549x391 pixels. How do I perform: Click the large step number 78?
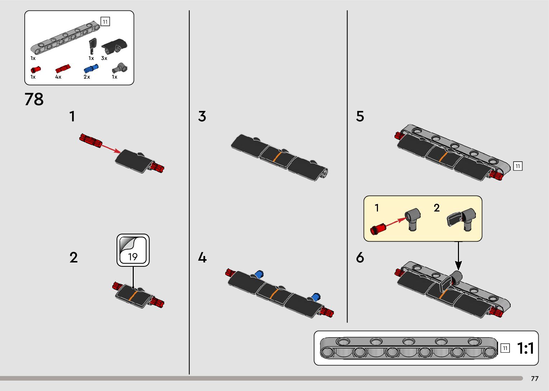[x=34, y=99]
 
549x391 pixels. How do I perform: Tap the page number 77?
[x=535, y=379]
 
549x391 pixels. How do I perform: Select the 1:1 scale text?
[x=525, y=348]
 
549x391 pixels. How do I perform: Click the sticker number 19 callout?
[x=133, y=250]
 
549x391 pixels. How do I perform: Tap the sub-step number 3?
[x=202, y=116]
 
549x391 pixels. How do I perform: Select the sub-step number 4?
[x=202, y=257]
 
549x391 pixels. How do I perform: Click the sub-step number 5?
[x=360, y=116]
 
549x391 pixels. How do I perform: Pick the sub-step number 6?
[x=360, y=257]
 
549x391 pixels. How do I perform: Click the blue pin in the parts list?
[x=91, y=68]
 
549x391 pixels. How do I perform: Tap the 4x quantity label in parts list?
[x=58, y=77]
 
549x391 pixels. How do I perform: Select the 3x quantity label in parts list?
[x=104, y=58]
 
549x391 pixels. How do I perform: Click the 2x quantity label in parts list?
[x=87, y=77]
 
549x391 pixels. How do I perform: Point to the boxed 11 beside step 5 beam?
[x=517, y=166]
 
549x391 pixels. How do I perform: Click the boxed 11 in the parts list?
[x=105, y=22]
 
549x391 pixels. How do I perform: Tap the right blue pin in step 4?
[x=316, y=297]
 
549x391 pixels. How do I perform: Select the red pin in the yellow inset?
[x=378, y=228]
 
